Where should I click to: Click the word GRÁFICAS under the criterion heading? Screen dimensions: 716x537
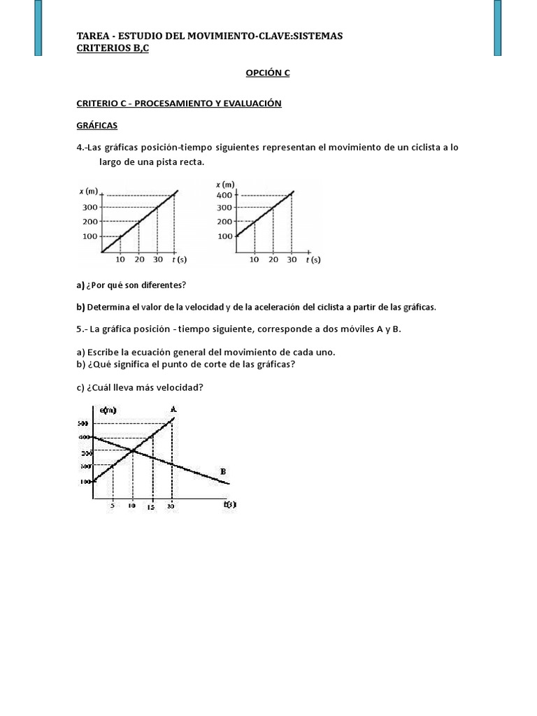[x=96, y=126]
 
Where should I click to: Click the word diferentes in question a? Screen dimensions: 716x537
[x=166, y=285]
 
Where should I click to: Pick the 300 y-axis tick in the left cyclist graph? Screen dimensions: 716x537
[x=89, y=207]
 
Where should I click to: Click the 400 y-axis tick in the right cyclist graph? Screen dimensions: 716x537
[x=224, y=195]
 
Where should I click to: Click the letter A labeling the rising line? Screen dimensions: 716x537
[x=173, y=408]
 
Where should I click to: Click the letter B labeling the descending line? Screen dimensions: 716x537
[x=223, y=472]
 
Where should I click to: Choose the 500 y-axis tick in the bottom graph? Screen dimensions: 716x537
[x=83, y=424]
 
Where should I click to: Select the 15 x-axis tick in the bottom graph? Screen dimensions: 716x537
[x=151, y=508]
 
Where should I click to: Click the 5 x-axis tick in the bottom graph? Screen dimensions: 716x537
[x=113, y=506]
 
